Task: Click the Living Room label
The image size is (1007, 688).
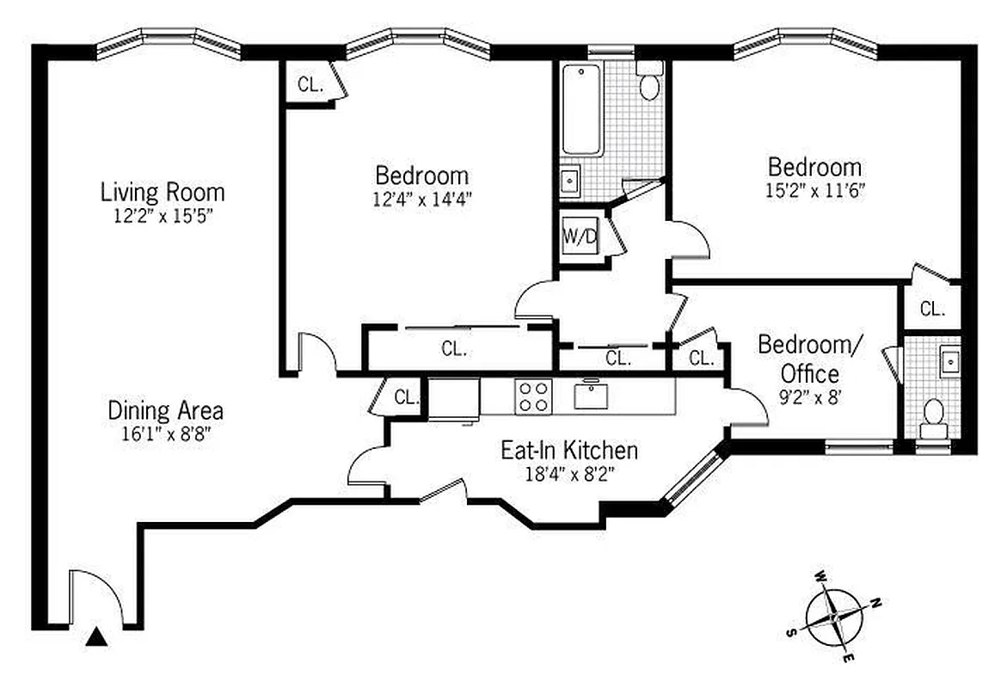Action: point(163,192)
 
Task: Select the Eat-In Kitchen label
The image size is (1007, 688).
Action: point(569,449)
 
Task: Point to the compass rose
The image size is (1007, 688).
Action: point(834,617)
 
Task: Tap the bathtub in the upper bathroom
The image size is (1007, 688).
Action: point(582,112)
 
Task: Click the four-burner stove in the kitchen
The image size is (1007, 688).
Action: point(533,396)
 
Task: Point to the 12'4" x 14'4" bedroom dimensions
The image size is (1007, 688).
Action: point(421,199)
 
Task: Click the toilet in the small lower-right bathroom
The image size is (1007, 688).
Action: point(930,415)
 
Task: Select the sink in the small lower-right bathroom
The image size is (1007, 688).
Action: point(949,361)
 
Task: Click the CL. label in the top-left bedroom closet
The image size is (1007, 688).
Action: point(310,84)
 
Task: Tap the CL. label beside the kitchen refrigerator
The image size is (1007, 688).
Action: point(407,397)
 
